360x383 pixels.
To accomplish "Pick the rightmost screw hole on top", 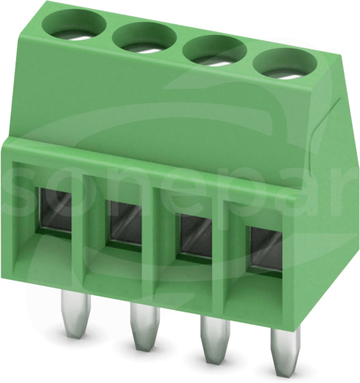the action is click(285, 65).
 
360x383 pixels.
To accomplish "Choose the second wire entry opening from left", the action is click(125, 222).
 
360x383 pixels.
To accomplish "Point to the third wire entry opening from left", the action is click(195, 236).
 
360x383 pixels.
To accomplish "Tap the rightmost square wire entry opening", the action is click(266, 248).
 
